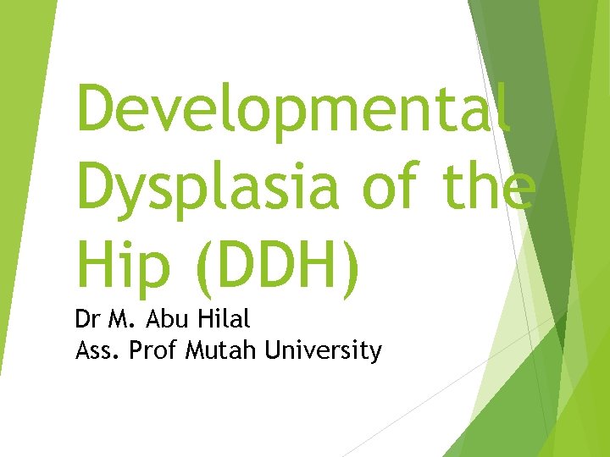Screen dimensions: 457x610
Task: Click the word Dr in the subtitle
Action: pyautogui.click(x=87, y=321)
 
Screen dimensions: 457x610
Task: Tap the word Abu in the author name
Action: pyautogui.click(x=161, y=321)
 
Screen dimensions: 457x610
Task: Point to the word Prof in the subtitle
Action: pyautogui.click(x=152, y=350)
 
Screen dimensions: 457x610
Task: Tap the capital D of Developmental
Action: pyautogui.click(x=96, y=110)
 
